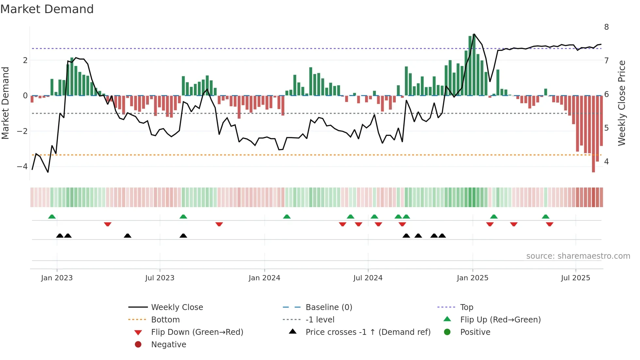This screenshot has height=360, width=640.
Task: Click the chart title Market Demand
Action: click(x=47, y=9)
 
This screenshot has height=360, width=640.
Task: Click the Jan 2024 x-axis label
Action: click(x=264, y=278)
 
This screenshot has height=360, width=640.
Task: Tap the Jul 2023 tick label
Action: click(x=160, y=278)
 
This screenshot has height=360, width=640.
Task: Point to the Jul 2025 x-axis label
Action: click(x=575, y=278)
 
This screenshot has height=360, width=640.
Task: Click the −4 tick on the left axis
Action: click(x=22, y=167)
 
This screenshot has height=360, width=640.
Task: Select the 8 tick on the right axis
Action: click(x=606, y=27)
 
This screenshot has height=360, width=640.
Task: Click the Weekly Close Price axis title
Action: click(x=622, y=103)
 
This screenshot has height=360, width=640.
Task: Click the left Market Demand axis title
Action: click(x=6, y=103)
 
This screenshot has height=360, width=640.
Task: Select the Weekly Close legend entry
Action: click(x=177, y=307)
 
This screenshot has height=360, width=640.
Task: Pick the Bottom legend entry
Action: click(x=165, y=320)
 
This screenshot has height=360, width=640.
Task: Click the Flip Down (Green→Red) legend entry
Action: click(x=197, y=332)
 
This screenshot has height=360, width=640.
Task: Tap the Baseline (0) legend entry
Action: click(x=328, y=307)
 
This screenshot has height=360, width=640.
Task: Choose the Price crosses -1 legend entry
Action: click(x=368, y=332)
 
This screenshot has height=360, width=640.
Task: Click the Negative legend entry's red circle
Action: click(x=138, y=345)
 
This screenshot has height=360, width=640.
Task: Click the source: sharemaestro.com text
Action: click(x=578, y=256)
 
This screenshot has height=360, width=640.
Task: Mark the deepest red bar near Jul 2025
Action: click(x=593, y=134)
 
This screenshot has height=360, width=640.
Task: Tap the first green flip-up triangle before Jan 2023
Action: click(x=52, y=217)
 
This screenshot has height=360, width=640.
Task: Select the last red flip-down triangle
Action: click(x=550, y=224)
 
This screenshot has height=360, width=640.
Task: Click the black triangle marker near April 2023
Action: click(x=128, y=236)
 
